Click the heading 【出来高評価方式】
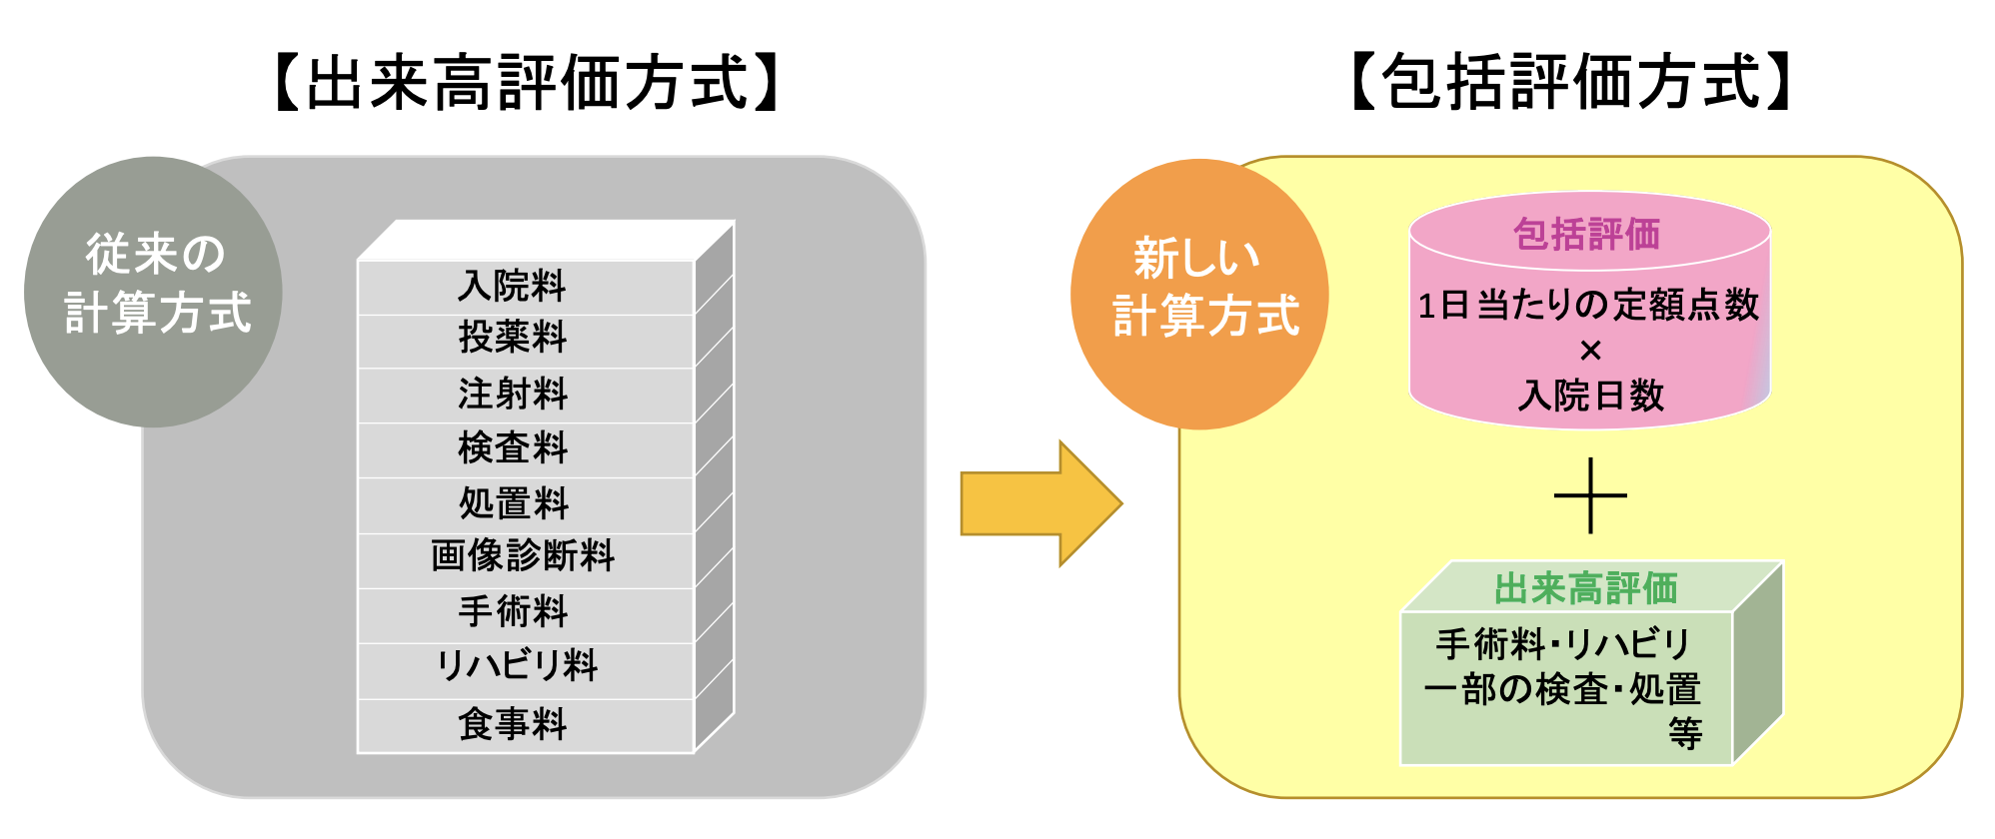pos(527,83)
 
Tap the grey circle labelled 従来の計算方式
pos(153,291)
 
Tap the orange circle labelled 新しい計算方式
pos(1199,294)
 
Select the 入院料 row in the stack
pos(513,287)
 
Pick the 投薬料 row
pos(513,338)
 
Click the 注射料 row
pos(513,394)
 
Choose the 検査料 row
pos(513,448)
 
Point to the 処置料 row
pos(513,503)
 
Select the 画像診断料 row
pos(523,556)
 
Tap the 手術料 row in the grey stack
pos(513,611)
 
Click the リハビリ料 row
pos(518,666)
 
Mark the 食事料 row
pos(513,724)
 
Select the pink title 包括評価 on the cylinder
pos(1586,235)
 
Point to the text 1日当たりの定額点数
pos(1588,306)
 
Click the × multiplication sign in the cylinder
pos(1590,351)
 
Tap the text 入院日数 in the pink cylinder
pos(1590,396)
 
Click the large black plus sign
pos(1590,495)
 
